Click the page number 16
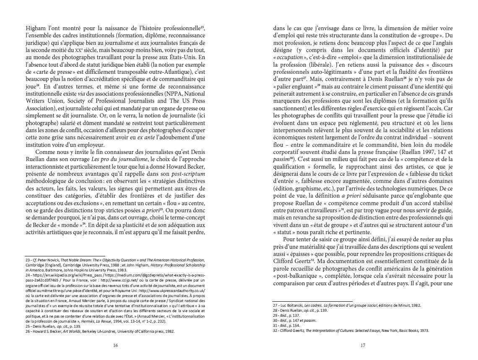[x=116, y=345]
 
